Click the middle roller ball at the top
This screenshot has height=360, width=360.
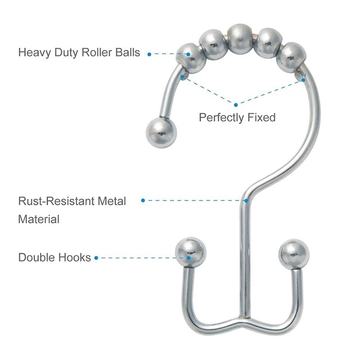coord(240,39)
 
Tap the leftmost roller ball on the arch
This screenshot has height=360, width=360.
coord(190,58)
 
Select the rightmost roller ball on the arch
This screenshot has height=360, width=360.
coord(291,58)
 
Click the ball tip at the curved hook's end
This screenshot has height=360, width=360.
coord(161,132)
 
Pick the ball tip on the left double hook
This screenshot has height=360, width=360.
coord(190,252)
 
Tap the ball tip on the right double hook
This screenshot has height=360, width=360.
coord(294,254)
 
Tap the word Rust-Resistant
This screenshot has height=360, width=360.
coord(56,201)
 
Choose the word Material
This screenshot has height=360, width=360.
coord(39,219)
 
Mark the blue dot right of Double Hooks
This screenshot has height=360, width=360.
coord(96,258)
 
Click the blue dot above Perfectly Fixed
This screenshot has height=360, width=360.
coord(236,105)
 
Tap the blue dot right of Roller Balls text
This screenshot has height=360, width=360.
coord(149,54)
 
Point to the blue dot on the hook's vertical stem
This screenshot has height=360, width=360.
coord(246,201)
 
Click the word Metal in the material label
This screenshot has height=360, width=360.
coord(112,201)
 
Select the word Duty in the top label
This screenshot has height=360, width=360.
coord(66,53)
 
